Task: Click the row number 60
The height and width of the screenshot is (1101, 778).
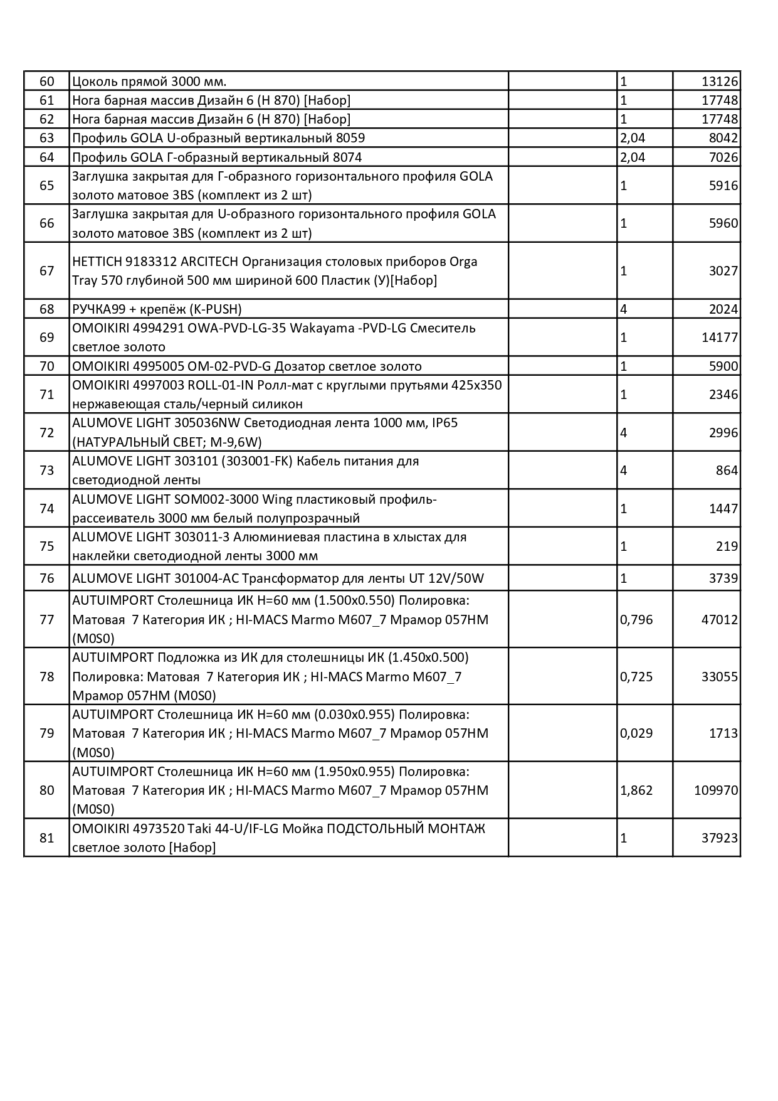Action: click(47, 82)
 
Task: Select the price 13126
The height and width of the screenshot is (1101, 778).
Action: click(720, 82)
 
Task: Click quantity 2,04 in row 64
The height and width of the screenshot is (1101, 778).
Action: click(633, 157)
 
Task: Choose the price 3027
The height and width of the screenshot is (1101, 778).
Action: click(723, 271)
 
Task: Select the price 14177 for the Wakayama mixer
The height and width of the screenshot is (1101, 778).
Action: click(720, 338)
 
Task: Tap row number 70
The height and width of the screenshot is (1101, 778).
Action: click(47, 366)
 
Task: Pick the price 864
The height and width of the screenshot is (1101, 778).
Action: click(727, 471)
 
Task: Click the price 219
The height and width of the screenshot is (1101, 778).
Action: click(727, 546)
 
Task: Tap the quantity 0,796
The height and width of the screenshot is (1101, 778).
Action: click(636, 620)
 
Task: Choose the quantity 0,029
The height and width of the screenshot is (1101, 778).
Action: click(636, 733)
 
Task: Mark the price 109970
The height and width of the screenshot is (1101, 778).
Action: click(716, 790)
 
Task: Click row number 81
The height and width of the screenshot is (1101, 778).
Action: click(47, 838)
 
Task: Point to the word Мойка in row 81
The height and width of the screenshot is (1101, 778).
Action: click(300, 829)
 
